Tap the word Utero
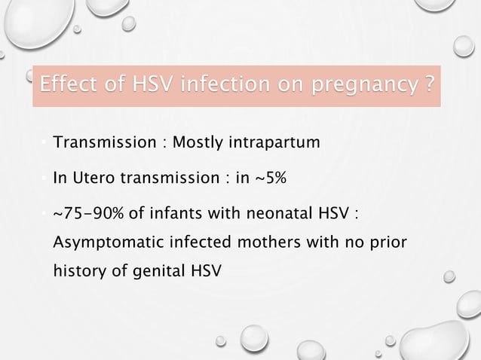pyautogui.click(x=90, y=179)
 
